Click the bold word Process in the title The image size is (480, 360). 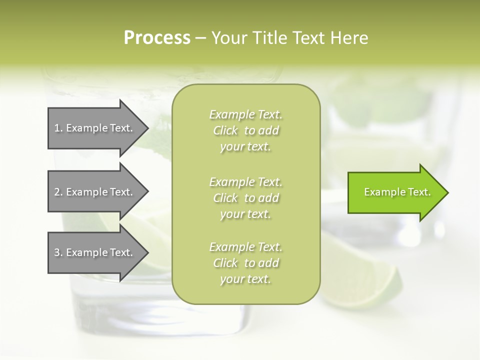157,38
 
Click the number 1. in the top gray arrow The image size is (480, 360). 58,128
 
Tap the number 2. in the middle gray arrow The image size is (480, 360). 58,192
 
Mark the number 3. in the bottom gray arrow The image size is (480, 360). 58,252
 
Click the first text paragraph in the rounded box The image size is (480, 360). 245,130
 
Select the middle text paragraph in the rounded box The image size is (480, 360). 245,198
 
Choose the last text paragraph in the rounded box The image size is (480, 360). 245,263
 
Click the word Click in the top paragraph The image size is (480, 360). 225,130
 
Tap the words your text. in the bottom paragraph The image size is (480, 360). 245,279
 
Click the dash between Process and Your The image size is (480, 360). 201,38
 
